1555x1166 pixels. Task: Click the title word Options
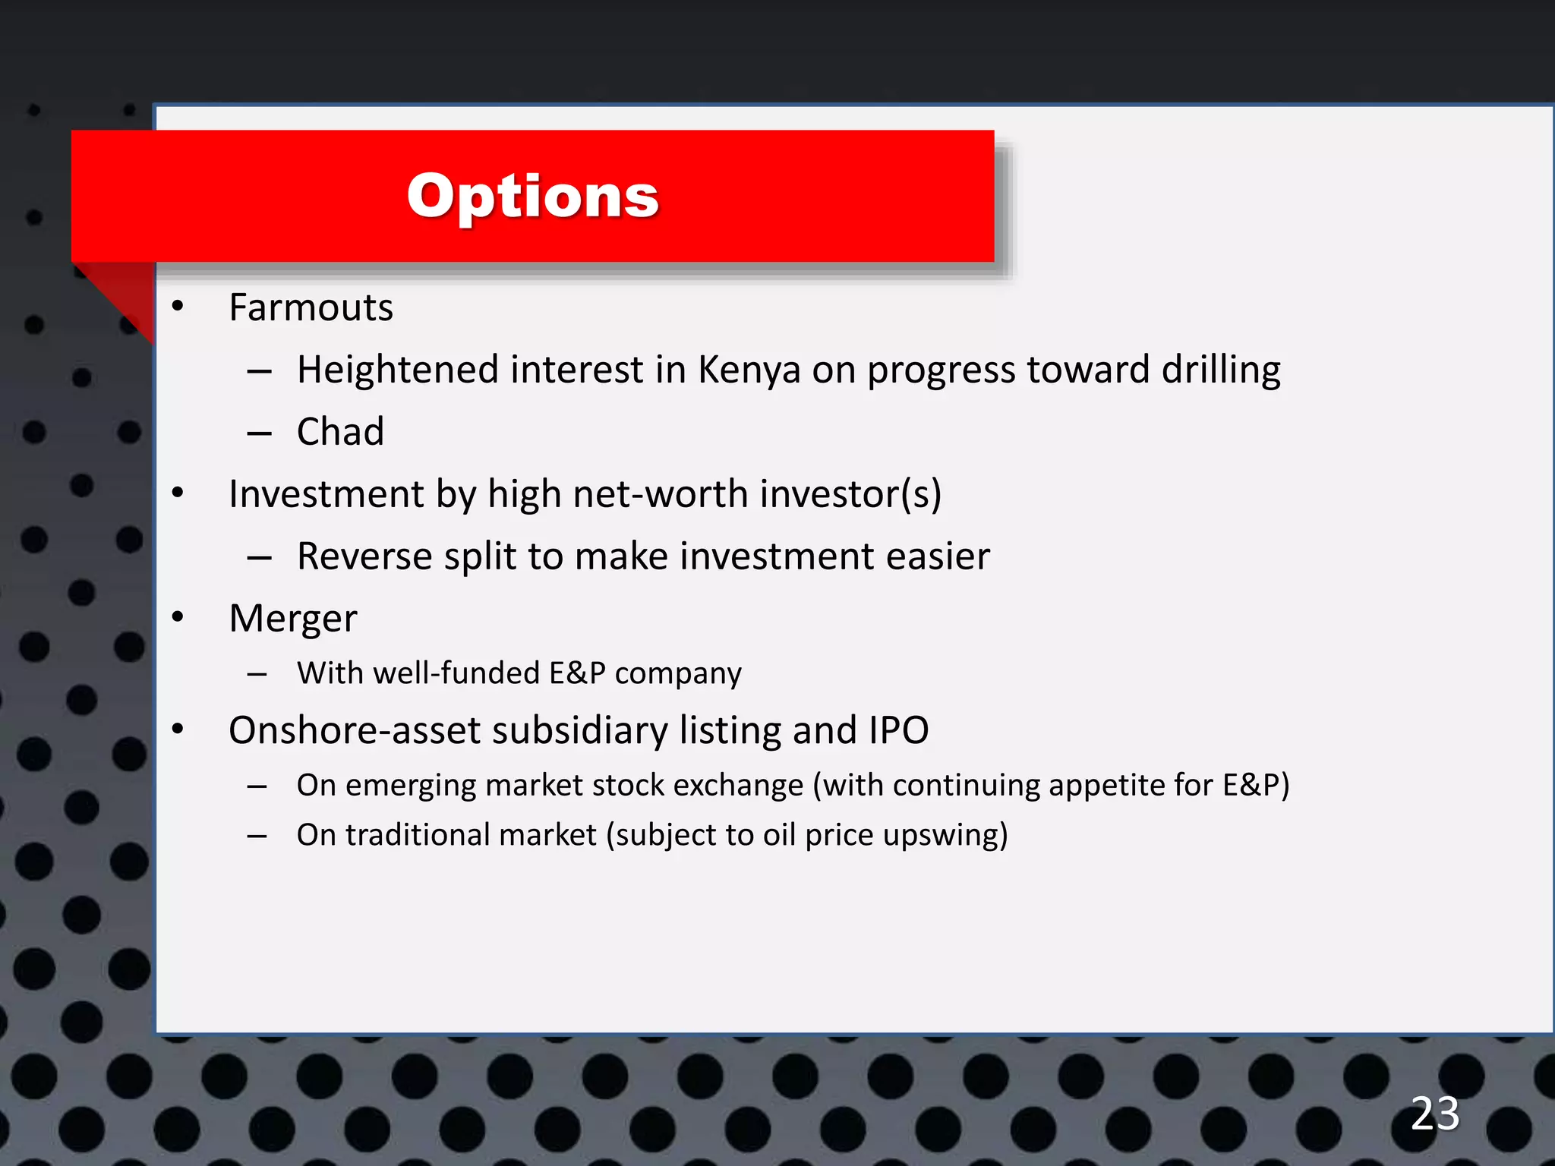(532, 196)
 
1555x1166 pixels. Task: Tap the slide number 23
(1434, 1114)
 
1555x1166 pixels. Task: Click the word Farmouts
(311, 307)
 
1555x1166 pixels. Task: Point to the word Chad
(340, 432)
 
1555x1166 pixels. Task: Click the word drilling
(1221, 370)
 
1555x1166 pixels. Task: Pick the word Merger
(292, 619)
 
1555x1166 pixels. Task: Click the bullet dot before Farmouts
(178, 307)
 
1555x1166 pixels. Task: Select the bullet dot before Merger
(178, 616)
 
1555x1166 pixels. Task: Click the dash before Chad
(259, 433)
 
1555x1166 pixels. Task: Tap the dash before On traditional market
(257, 837)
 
